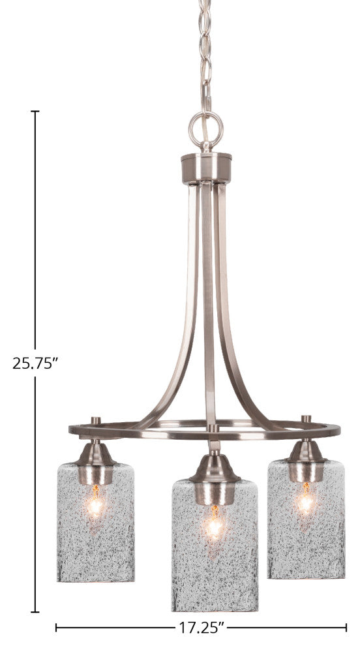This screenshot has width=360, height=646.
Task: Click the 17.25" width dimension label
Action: click(x=202, y=628)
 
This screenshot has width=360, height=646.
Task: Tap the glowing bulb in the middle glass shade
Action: click(x=215, y=523)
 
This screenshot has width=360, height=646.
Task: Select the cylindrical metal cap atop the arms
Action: click(x=206, y=168)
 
